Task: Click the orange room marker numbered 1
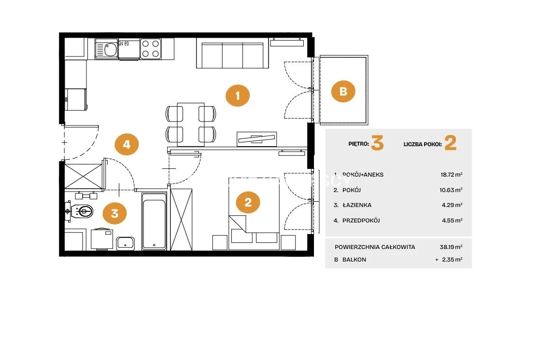[238, 96]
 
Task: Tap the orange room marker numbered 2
[248, 202]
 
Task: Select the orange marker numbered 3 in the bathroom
[115, 213]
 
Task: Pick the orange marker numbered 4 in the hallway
[127, 144]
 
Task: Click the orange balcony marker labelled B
[343, 91]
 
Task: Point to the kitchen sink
[107, 49]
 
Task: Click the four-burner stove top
[151, 49]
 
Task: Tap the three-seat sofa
[232, 53]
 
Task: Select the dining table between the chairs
[191, 124]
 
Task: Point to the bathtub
[154, 221]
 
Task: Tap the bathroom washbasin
[125, 243]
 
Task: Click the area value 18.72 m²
[452, 175]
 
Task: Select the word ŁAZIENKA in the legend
[357, 205]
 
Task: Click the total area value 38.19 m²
[451, 247]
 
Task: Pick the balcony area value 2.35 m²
[452, 259]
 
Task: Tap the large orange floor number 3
[377, 143]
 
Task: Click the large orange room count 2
[450, 143]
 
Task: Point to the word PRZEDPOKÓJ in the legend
[361, 220]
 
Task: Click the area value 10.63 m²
[451, 190]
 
